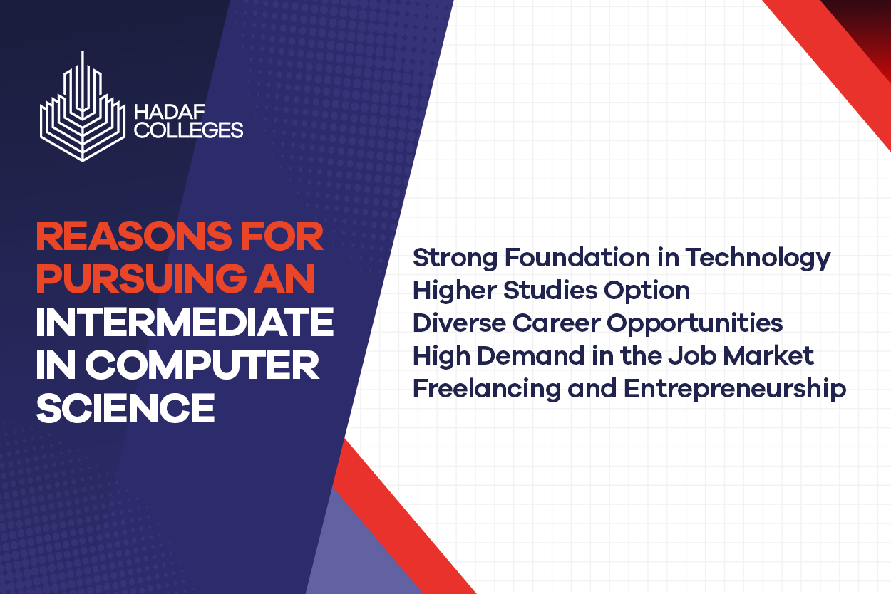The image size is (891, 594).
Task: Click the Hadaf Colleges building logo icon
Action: coord(83,107)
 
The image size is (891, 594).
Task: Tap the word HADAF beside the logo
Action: coord(170,112)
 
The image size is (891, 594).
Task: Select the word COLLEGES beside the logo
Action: coord(189,130)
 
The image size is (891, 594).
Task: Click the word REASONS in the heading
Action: coord(133,236)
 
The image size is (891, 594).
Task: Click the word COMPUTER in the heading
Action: coord(202,365)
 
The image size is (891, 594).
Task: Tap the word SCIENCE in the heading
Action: coord(125,408)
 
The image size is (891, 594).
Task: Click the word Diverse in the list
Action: coord(460,323)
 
